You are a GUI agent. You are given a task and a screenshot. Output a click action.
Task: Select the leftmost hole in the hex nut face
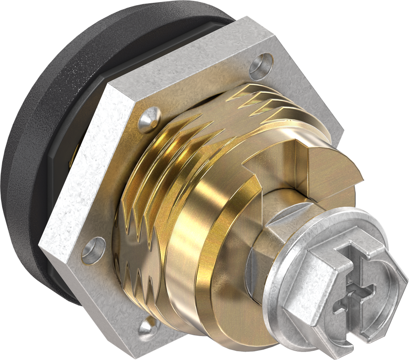(93, 250)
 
